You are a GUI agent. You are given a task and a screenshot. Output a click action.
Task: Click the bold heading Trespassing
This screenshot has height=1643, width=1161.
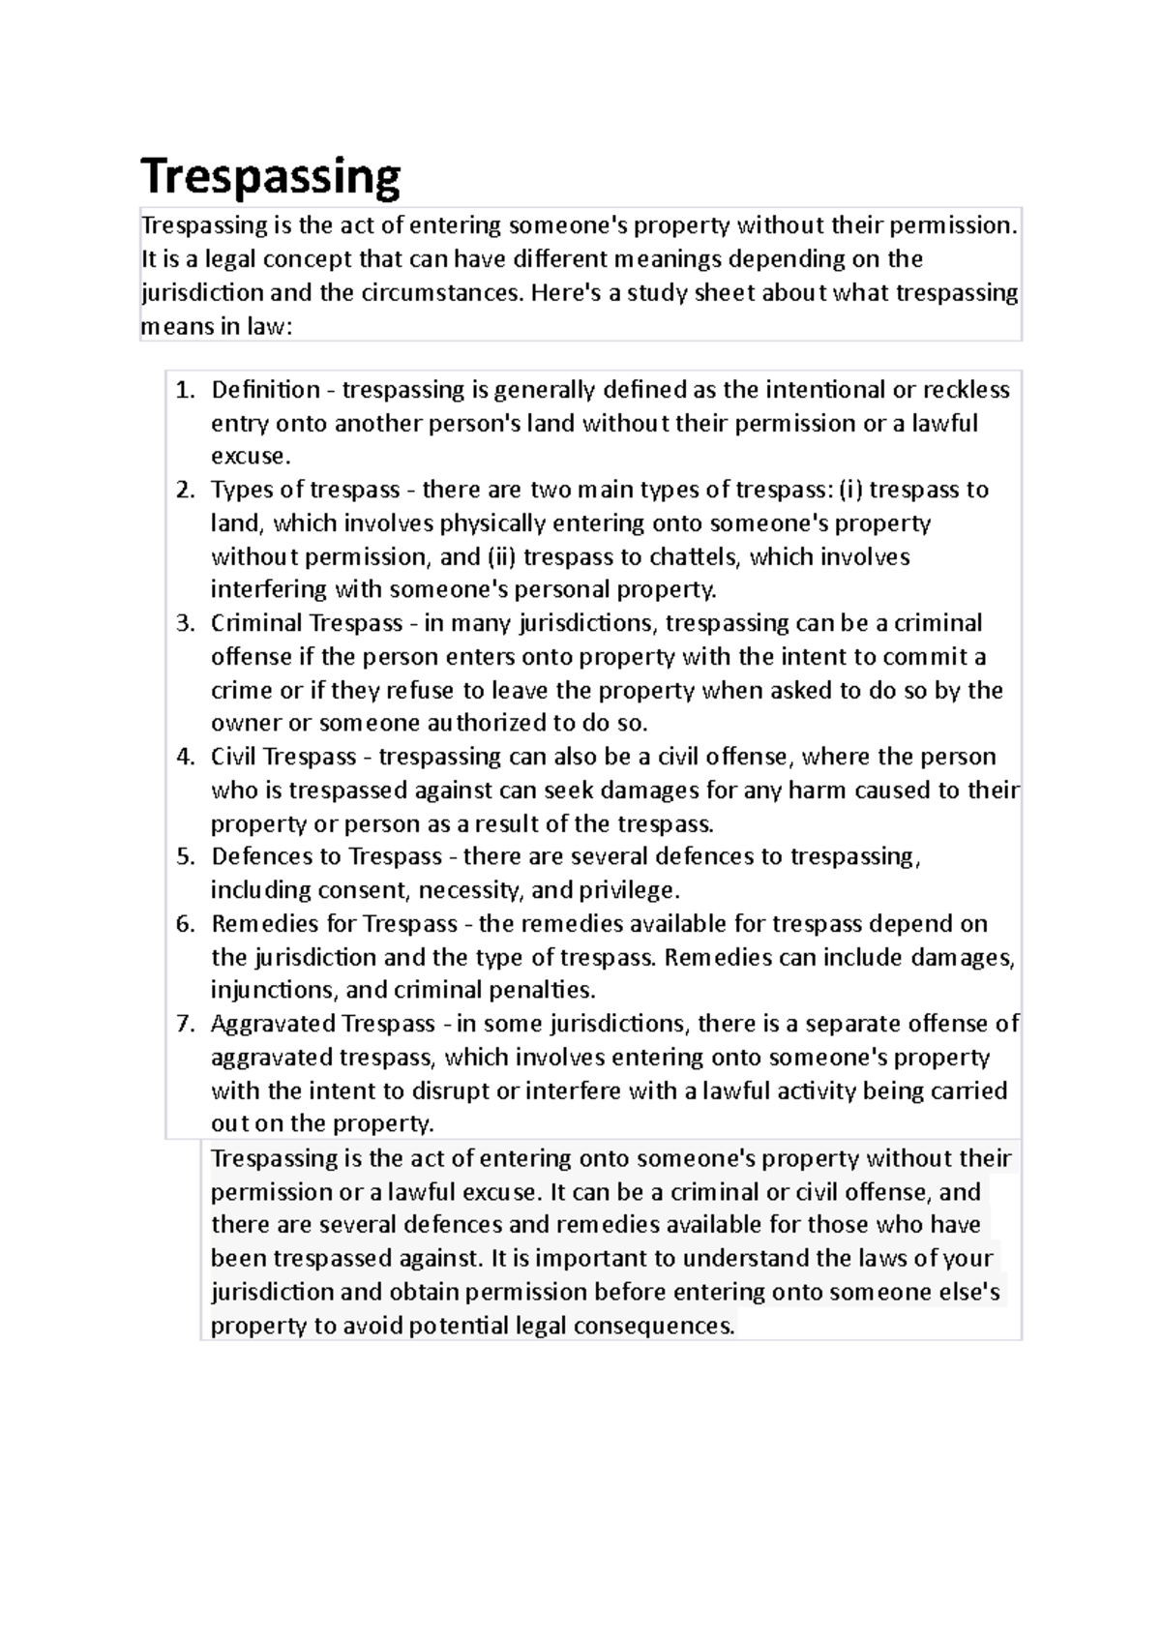click(x=270, y=178)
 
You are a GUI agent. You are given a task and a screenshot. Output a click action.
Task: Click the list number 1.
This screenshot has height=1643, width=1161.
click(x=185, y=390)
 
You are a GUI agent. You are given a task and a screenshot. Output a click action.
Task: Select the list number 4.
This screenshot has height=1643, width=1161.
click(x=185, y=757)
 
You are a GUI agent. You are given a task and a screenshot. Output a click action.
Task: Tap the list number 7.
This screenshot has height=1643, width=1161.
click(x=185, y=1024)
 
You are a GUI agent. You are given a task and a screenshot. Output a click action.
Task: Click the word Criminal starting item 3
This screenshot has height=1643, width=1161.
click(x=256, y=623)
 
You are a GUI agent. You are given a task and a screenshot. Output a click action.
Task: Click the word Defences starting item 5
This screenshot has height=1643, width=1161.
click(x=256, y=857)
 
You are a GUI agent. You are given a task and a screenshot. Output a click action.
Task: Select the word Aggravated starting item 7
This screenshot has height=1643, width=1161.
click(x=273, y=1024)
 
